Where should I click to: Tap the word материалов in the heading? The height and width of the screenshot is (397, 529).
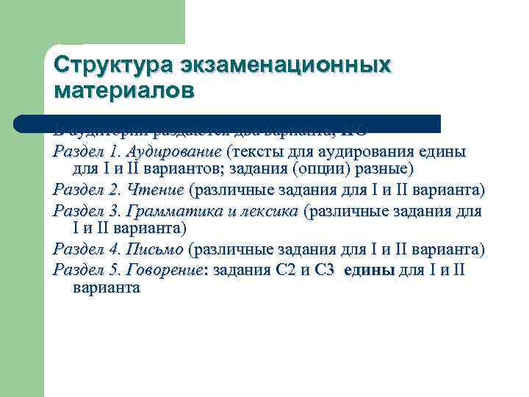coord(125,90)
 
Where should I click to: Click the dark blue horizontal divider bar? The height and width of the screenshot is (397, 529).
coord(228,123)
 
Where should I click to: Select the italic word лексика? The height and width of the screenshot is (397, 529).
coord(269,212)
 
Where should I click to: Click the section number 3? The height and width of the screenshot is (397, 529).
coord(114,212)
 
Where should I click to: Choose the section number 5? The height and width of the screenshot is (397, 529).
coord(114,270)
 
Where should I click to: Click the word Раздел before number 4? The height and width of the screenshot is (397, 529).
coord(77,250)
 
